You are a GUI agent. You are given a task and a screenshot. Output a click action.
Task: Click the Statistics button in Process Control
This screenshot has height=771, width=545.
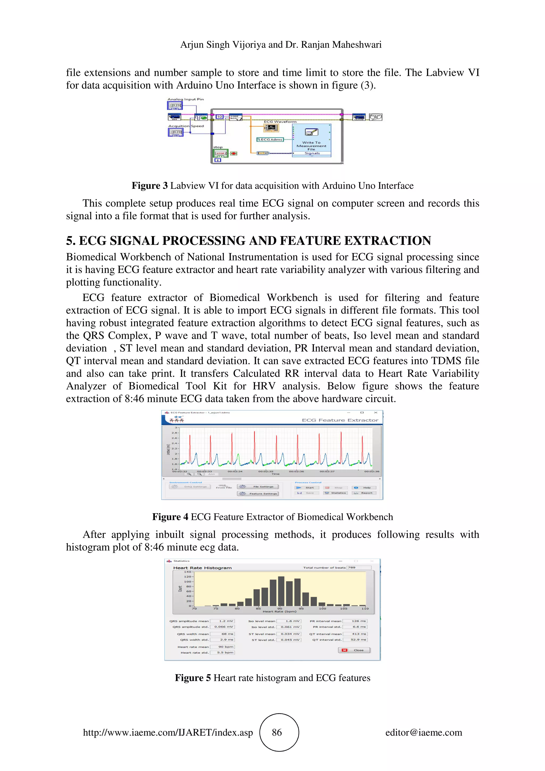tap(335, 493)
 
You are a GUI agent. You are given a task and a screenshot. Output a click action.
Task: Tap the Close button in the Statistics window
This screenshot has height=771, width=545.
tap(354, 650)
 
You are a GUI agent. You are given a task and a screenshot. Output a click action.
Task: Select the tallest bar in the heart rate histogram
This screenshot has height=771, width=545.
tap(281, 591)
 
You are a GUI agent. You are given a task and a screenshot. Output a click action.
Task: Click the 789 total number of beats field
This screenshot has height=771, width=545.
tap(359, 567)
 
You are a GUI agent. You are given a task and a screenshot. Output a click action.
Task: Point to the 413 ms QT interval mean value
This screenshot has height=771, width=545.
tap(355, 634)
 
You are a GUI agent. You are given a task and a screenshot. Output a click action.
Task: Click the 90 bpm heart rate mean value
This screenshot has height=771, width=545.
tap(222, 647)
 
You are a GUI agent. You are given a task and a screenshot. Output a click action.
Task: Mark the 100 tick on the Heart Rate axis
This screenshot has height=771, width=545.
tap(322, 608)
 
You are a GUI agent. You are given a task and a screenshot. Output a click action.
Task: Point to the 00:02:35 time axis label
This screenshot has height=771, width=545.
tap(266, 471)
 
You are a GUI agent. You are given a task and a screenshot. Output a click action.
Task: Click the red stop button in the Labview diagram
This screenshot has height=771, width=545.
tap(234, 154)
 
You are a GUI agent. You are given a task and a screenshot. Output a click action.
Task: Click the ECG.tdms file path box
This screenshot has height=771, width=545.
tap(270, 139)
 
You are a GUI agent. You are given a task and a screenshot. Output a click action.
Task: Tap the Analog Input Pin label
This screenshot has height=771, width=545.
tap(185, 100)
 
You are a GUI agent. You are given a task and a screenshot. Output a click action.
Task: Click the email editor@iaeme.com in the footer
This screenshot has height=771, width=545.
tap(423, 733)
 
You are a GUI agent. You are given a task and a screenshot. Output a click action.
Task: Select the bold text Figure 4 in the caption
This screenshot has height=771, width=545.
tap(170, 517)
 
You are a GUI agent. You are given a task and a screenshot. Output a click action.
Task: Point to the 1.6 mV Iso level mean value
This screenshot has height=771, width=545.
tap(289, 621)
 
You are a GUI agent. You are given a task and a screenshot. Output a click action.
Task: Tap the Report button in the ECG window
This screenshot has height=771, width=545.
tap(364, 493)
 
